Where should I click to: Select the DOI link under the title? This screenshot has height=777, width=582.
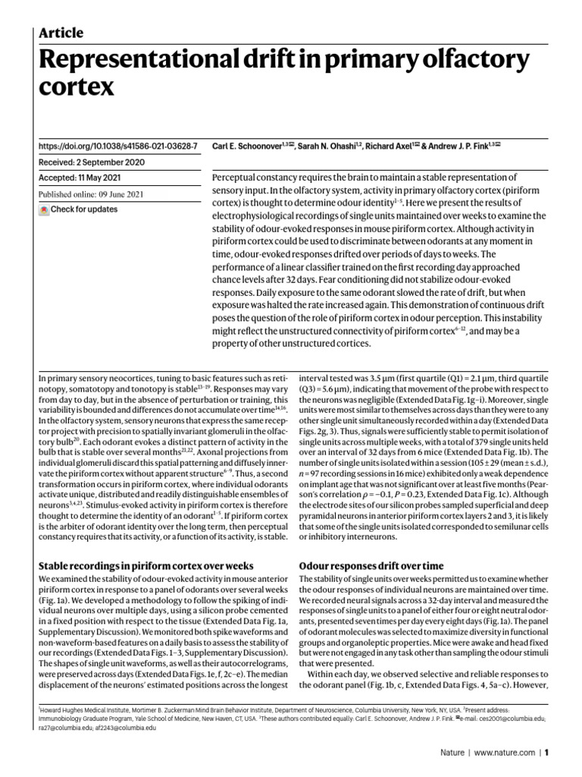click(x=117, y=144)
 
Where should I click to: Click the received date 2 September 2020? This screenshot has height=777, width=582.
click(x=117, y=162)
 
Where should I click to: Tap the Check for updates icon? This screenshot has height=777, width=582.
click(x=44, y=209)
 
